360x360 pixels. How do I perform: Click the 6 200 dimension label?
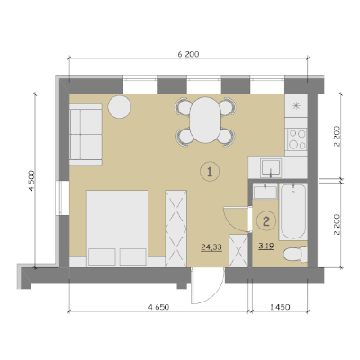click(x=188, y=54)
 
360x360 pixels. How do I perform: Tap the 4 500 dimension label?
click(x=31, y=181)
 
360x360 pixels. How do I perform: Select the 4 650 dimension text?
click(x=159, y=307)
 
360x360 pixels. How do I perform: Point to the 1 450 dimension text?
click(x=280, y=307)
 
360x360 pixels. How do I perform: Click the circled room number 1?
click(x=210, y=172)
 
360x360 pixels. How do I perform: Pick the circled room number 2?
click(x=266, y=221)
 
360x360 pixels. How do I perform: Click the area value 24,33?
click(x=211, y=247)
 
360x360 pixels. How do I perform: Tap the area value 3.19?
click(x=265, y=247)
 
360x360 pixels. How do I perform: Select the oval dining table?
click(x=205, y=120)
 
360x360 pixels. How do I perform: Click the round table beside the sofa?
click(x=120, y=107)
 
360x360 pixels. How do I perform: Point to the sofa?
click(x=85, y=134)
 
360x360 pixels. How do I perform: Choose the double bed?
click(x=117, y=229)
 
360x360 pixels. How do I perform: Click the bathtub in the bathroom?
click(x=293, y=211)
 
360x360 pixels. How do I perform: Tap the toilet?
click(x=295, y=255)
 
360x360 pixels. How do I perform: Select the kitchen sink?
click(x=271, y=167)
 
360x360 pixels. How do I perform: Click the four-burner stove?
click(x=296, y=139)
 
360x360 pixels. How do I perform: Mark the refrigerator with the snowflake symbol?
click(x=296, y=106)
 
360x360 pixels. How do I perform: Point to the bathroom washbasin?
click(x=265, y=192)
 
